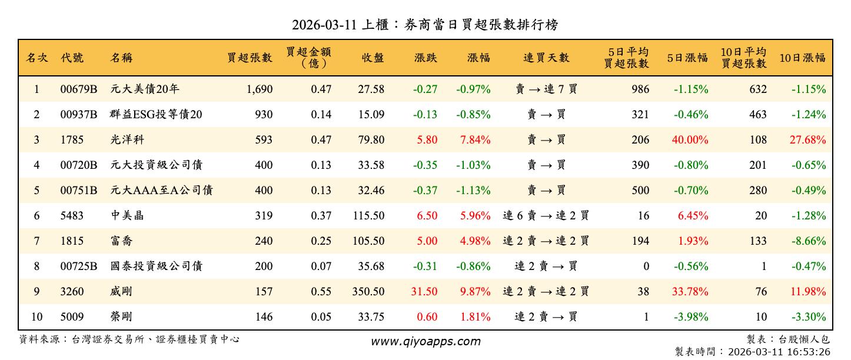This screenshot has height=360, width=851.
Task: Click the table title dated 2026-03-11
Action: pos(425,25)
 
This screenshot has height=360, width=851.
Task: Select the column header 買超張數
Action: pos(250,58)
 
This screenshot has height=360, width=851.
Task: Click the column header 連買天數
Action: pos(546,58)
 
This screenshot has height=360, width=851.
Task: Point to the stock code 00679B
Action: pos(79,89)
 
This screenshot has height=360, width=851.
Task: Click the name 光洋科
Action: pos(127,140)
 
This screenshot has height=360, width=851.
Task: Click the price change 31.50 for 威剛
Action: pos(424,292)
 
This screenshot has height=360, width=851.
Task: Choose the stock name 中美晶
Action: pos(127,216)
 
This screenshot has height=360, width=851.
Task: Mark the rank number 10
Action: pos(36,317)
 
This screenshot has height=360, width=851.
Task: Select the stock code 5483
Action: pos(72,216)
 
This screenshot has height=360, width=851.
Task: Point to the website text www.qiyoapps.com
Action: pos(425,341)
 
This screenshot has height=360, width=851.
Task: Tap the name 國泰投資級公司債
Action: pos(156,266)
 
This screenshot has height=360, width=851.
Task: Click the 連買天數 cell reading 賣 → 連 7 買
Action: pos(546,89)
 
